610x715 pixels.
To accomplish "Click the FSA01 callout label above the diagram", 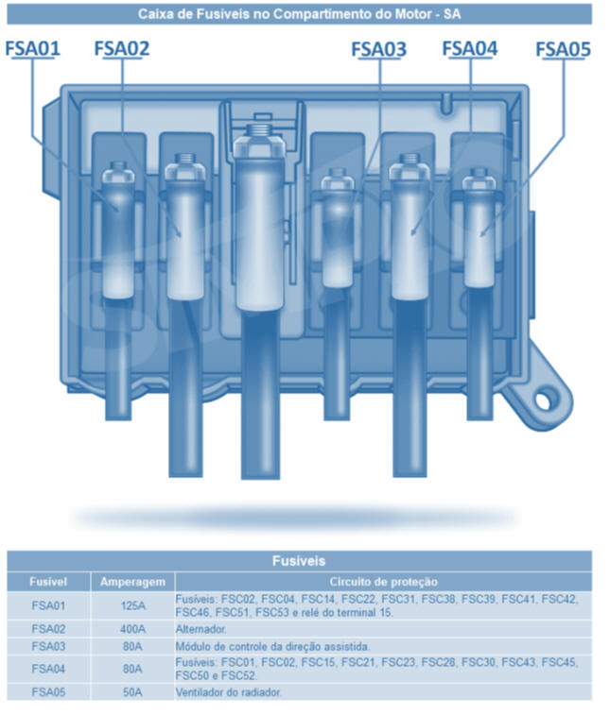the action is [32, 49].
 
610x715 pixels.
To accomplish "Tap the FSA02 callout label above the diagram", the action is [122, 49].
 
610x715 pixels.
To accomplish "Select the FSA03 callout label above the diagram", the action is [379, 50].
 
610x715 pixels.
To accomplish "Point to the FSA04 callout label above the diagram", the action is [470, 49].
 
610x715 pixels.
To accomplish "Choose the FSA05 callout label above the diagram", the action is [563, 50].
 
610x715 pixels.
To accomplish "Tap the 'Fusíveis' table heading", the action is [299, 560].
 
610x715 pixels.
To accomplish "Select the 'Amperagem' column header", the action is [132, 582].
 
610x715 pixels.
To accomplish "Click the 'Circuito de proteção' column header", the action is [384, 582].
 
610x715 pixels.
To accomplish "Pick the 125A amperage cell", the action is [132, 605].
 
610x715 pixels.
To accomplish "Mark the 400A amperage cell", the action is [132, 629].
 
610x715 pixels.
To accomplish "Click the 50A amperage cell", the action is [132, 692].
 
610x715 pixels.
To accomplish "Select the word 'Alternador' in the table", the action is [200, 629].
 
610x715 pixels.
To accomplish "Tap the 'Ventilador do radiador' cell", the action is [228, 692].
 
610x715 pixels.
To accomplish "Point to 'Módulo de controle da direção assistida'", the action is [272, 647].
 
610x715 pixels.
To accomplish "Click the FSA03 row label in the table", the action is [48, 647].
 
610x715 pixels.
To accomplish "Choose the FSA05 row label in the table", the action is [48, 692].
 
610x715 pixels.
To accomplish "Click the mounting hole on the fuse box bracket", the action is [544, 400].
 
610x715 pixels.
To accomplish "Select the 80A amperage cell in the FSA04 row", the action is [132, 669].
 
